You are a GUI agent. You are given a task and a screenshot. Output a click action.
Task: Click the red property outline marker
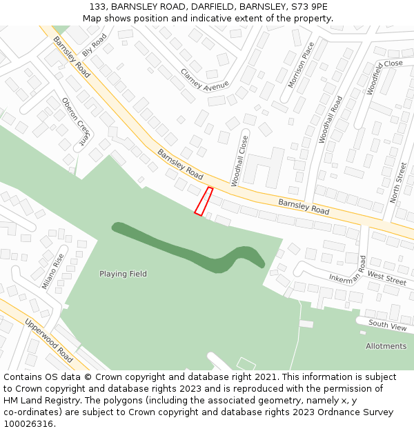[204, 201]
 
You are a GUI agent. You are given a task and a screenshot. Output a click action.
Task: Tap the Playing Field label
[123, 274]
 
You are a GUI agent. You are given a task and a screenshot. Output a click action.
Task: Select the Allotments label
[386, 345]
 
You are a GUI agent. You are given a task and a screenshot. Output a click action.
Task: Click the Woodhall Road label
[331, 119]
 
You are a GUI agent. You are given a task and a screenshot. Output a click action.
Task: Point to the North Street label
[398, 182]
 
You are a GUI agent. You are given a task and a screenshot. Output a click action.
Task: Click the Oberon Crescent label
[77, 121]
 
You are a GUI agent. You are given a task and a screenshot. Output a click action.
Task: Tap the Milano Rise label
[52, 271]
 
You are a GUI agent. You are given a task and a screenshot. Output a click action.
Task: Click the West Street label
[386, 278]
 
